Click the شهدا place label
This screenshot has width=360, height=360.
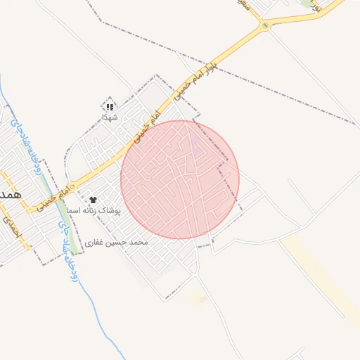pos(109,117)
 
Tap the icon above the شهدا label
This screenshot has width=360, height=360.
pos(109,106)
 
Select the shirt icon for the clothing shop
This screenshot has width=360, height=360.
pos(93,200)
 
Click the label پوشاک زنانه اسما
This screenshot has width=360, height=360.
pos(94,211)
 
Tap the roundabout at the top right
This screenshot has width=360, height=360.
pos(265,26)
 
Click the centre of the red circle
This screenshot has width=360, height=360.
pos(180,179)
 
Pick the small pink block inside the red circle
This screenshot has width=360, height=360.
pos(196,148)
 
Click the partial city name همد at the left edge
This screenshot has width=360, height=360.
pos(11,193)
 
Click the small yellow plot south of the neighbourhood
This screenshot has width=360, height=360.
pos(200,298)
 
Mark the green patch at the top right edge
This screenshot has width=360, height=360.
pos(307,3)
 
